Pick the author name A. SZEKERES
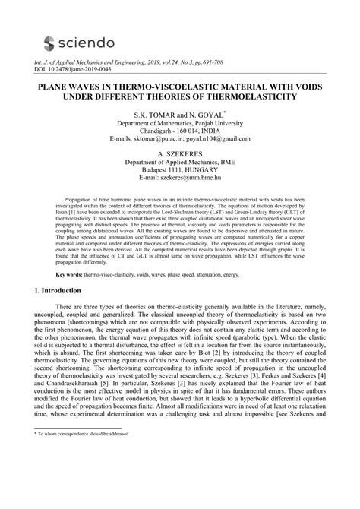(x=179, y=153)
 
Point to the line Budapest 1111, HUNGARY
(x=180, y=170)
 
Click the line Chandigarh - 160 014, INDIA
(x=180, y=131)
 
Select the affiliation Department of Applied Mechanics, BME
(x=180, y=162)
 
